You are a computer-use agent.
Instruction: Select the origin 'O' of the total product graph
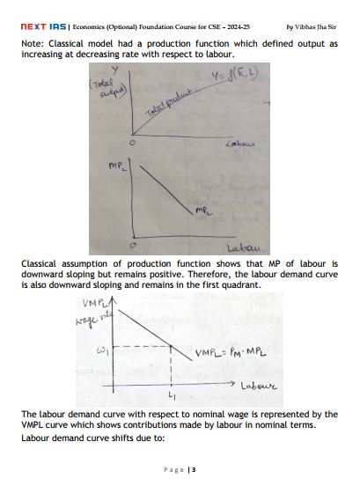point(132,142)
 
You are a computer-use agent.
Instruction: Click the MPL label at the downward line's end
point(203,211)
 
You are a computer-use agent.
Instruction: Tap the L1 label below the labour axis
point(172,397)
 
